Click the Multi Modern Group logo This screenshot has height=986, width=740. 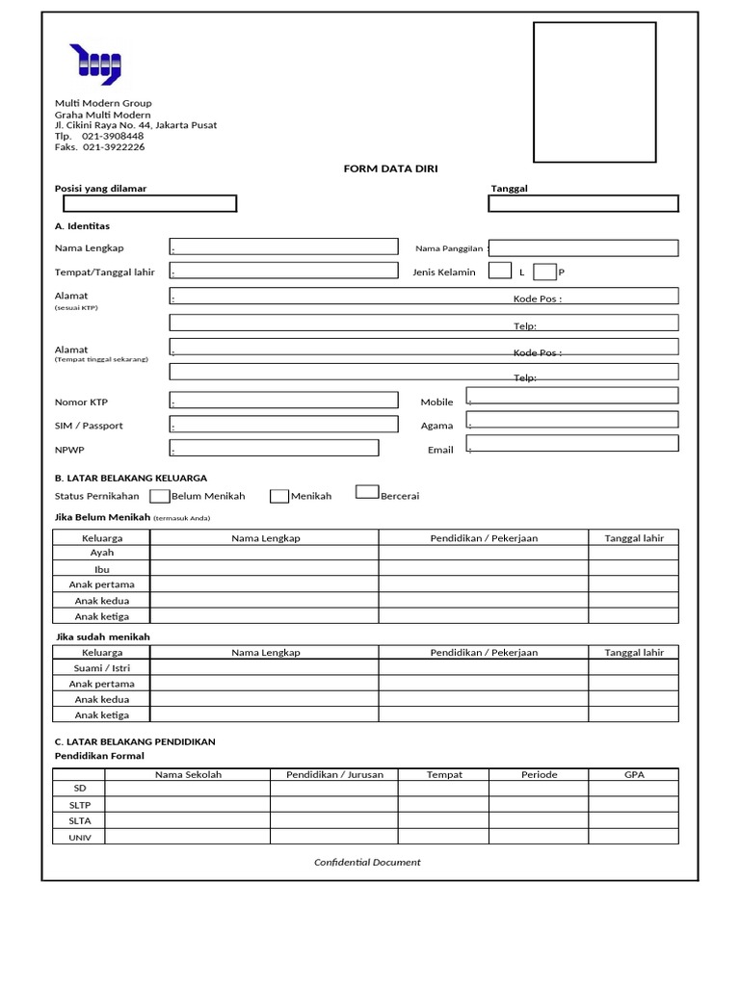pyautogui.click(x=94, y=65)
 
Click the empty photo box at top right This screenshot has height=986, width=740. pyautogui.click(x=595, y=92)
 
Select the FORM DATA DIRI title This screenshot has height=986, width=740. pyautogui.click(x=390, y=169)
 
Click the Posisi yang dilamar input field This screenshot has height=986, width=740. pyautogui.click(x=149, y=203)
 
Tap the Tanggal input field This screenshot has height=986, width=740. pyautogui.click(x=583, y=203)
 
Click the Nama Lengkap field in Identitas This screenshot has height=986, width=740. pyautogui.click(x=283, y=246)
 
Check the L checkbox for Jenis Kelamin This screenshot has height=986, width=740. pyautogui.click(x=500, y=271)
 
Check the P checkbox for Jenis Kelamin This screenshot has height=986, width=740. pyautogui.click(x=544, y=272)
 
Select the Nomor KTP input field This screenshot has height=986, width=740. pyautogui.click(x=283, y=400)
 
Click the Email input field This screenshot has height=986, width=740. pyautogui.click(x=572, y=443)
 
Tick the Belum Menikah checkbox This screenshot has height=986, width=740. pyautogui.click(x=159, y=496)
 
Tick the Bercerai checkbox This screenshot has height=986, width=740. pyautogui.click(x=366, y=492)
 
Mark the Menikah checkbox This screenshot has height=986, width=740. pyautogui.click(x=279, y=496)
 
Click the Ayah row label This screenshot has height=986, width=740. pyautogui.click(x=102, y=553)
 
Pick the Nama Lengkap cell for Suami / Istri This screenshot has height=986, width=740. pyautogui.click(x=264, y=667)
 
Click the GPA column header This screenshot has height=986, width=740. pyautogui.click(x=634, y=774)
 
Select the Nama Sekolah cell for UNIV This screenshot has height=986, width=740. pyautogui.click(x=187, y=837)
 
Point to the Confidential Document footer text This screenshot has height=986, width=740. pyautogui.click(x=367, y=862)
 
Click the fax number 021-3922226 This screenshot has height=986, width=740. pyautogui.click(x=114, y=147)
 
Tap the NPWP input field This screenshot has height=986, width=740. pyautogui.click(x=274, y=448)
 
